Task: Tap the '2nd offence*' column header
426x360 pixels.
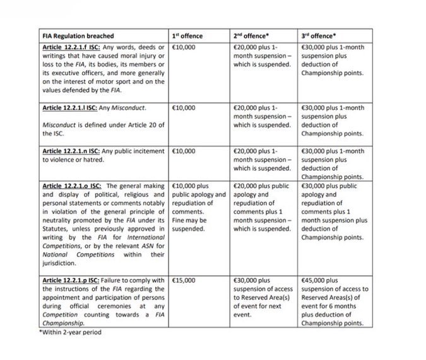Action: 251,37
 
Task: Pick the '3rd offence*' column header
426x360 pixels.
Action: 321,37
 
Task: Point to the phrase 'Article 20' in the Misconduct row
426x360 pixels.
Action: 142,125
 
